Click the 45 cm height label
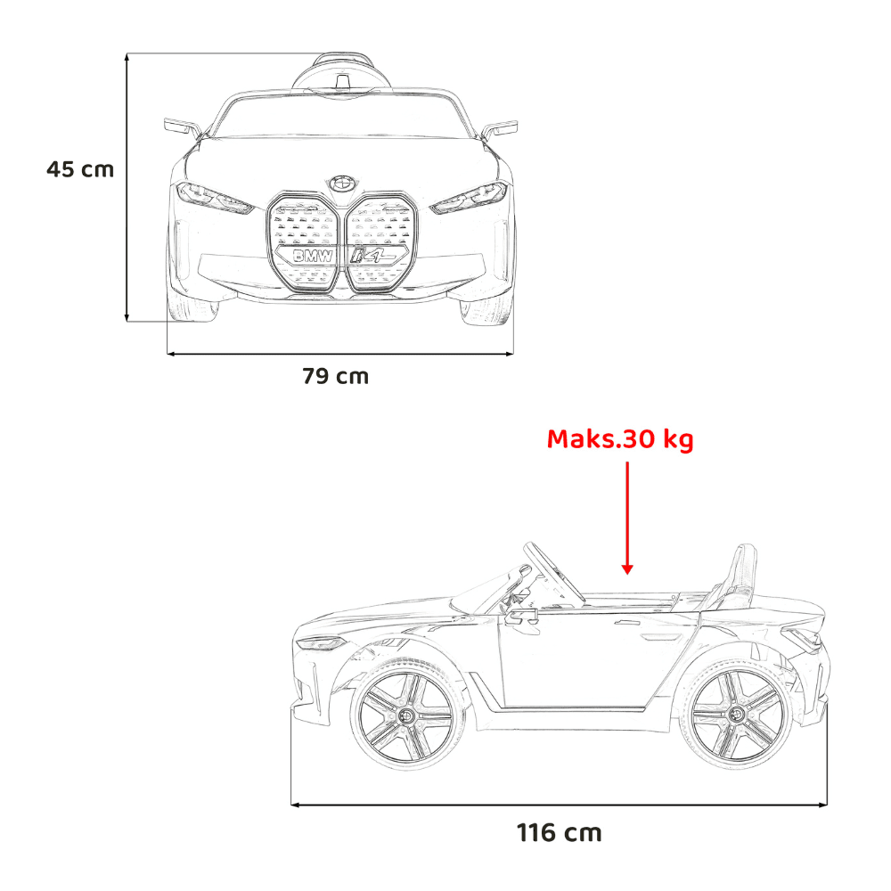[80, 169]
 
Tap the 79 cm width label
[335, 376]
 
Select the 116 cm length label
[560, 833]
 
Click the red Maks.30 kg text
[620, 439]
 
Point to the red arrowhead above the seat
[627, 568]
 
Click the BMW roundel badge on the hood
[341, 183]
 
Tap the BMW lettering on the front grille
[313, 257]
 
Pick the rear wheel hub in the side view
[735, 715]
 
